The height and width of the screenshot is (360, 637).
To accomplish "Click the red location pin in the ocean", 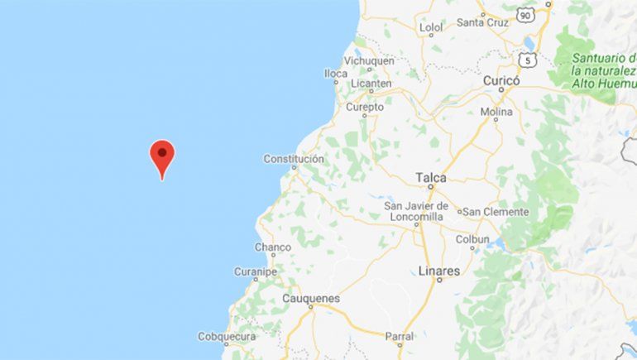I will (x=162, y=154).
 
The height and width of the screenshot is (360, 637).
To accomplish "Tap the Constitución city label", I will (x=294, y=159).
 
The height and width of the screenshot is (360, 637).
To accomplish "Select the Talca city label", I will (x=431, y=177).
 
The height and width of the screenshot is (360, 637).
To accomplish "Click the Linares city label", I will (x=439, y=271).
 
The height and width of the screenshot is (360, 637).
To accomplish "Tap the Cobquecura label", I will (x=227, y=336).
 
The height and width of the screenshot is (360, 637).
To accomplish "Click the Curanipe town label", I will (x=256, y=271).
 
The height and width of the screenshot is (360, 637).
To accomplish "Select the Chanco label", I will (x=273, y=247).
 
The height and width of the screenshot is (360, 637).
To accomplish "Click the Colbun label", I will (x=473, y=239).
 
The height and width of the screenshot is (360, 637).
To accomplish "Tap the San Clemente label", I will (x=496, y=212).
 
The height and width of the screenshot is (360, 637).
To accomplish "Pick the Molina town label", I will (x=496, y=112).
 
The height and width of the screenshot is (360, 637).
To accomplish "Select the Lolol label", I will (x=432, y=27).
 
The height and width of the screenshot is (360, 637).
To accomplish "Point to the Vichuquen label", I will (x=370, y=61).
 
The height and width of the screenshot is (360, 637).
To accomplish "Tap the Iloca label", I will (x=336, y=74).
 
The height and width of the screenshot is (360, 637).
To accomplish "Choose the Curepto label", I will (x=365, y=107).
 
